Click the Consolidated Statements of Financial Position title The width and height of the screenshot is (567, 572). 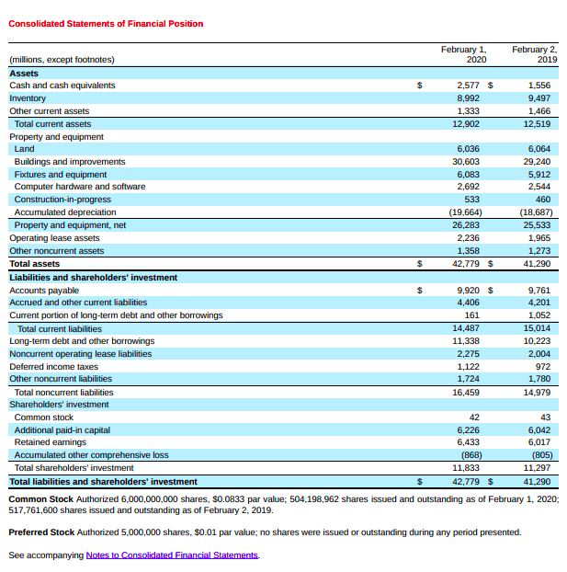[106, 24]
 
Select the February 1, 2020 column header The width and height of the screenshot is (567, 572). [463, 53]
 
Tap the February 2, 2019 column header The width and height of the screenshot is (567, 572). [534, 53]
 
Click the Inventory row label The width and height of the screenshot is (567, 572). [28, 97]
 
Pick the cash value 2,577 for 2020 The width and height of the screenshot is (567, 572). [468, 86]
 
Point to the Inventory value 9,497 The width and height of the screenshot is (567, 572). [539, 97]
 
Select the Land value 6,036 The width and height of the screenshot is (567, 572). [468, 149]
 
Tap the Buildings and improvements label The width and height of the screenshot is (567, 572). [70, 161]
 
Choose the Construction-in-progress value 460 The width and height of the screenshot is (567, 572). [542, 200]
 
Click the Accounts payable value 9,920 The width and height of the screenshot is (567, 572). [468, 290]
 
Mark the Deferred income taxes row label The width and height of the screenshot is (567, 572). [53, 366]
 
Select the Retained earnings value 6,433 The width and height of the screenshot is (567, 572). [468, 442]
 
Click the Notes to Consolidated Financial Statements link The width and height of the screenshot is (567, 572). [173, 555]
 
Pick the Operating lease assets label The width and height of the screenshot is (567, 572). [54, 237]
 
